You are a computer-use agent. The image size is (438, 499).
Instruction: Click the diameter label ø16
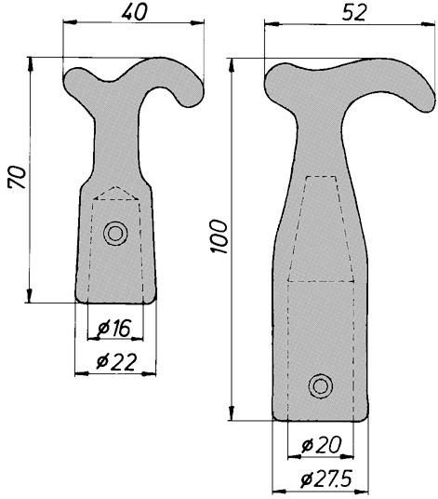coord(114,328)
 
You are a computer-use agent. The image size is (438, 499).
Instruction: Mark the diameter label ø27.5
coord(321,480)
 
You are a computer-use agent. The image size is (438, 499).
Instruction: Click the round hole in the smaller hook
coord(115,233)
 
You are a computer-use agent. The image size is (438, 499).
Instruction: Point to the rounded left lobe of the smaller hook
coord(76,84)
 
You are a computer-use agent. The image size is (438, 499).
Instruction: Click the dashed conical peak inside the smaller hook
coord(115,191)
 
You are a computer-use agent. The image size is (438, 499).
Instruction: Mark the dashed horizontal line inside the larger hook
coord(321,279)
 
